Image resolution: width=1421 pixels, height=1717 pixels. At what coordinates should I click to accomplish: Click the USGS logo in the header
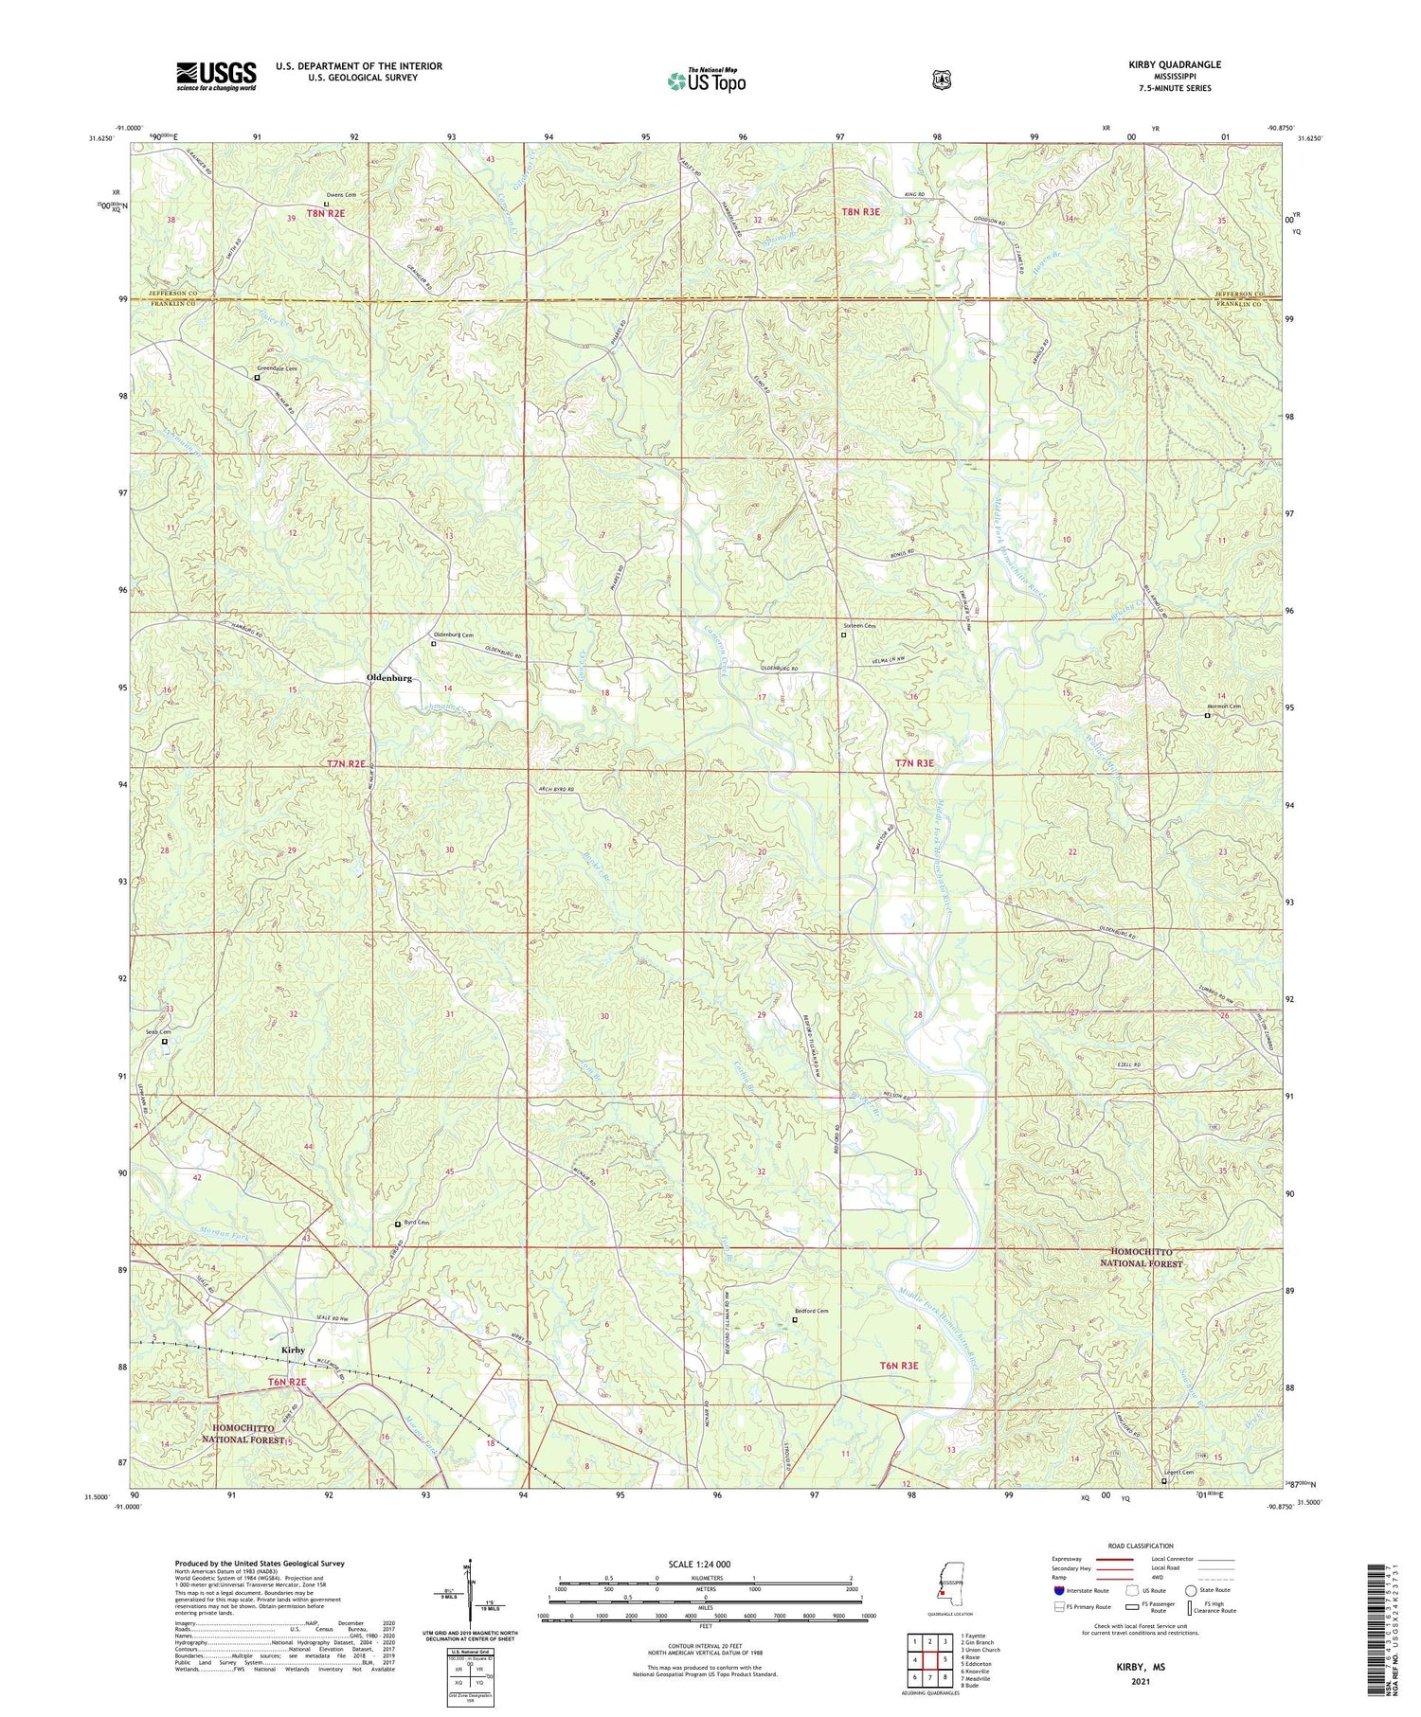click(x=216, y=76)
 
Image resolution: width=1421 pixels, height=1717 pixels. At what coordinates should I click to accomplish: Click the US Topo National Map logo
click(x=706, y=80)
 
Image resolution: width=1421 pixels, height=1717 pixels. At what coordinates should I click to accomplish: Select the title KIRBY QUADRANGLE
click(x=1169, y=64)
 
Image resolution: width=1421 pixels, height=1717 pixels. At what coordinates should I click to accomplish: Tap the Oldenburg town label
click(x=389, y=679)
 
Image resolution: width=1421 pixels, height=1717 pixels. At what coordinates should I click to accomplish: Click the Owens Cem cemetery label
click(x=341, y=195)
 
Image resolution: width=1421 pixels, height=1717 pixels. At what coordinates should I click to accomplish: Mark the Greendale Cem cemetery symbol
click(x=257, y=377)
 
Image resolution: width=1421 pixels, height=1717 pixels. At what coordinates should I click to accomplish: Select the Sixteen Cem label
click(x=859, y=626)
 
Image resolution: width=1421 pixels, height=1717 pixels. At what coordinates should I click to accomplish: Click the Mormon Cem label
click(x=1222, y=706)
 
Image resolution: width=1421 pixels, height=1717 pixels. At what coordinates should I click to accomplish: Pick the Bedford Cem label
click(x=811, y=1311)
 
